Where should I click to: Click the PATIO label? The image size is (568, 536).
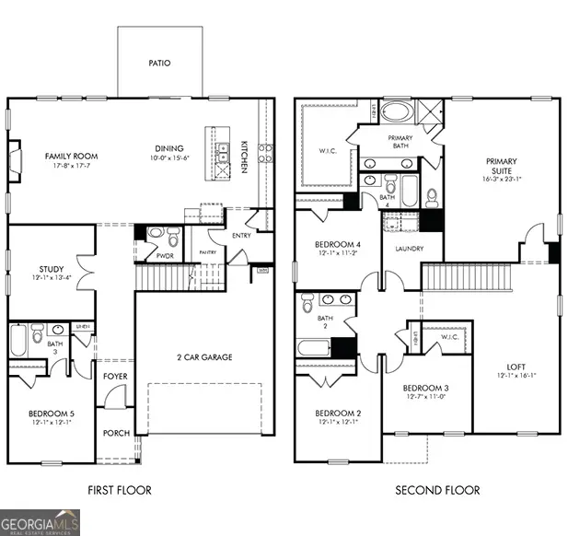[x=159, y=64]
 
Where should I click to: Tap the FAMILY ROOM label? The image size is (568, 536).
[x=71, y=157]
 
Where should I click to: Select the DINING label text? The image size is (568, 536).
[x=168, y=148]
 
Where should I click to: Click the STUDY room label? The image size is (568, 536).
[x=51, y=270]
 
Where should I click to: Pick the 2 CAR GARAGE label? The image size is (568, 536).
[x=204, y=357]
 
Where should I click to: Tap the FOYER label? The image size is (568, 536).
[x=116, y=376]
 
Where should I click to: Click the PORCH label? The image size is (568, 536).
[x=116, y=433]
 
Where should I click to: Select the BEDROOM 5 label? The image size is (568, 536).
[x=52, y=414]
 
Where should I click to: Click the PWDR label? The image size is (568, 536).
[x=166, y=257]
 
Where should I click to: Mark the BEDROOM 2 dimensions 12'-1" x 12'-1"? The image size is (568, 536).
[x=337, y=422]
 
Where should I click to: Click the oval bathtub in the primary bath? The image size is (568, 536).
[x=398, y=113]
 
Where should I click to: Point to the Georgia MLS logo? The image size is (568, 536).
[x=41, y=521]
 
